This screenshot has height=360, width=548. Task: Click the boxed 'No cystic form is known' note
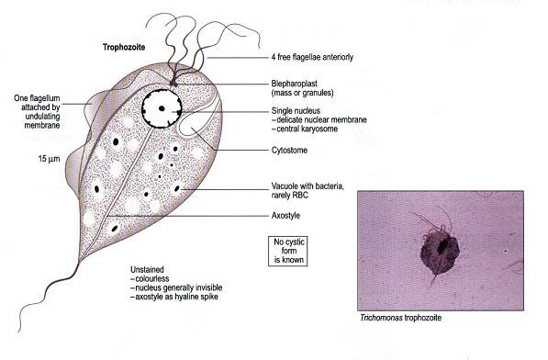point(284,251)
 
